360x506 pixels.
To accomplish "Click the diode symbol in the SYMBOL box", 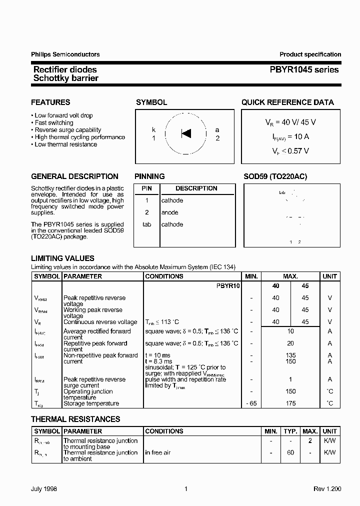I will tap(186, 133).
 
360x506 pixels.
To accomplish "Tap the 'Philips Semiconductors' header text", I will tap(65, 54).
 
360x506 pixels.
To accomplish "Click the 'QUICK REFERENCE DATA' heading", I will tap(287, 102).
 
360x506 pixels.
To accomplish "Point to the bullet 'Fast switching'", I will tap(54, 122).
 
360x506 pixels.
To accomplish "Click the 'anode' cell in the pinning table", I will tap(169, 212).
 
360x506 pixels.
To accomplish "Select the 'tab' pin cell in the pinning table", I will tap(146, 224).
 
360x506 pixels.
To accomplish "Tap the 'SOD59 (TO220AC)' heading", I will tap(275, 176).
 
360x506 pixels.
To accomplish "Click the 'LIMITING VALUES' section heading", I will tap(62, 258).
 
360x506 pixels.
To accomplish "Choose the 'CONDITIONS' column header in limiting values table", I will tap(164, 276).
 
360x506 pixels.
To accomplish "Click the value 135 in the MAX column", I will tap(290, 355).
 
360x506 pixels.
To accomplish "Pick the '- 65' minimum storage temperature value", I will tap(251, 403).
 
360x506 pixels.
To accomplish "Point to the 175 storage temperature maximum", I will tap(290, 403).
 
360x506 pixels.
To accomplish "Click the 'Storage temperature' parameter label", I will tap(91, 403).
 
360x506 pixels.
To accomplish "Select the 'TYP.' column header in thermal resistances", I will tap(290, 431).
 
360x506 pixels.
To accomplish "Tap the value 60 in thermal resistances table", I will tap(290, 452).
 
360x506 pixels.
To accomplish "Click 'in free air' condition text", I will tap(158, 452).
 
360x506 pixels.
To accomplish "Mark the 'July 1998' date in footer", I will tap(44, 489).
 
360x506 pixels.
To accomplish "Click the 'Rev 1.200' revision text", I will tap(327, 489).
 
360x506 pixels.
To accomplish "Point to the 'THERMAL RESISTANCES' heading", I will tap(75, 419).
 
